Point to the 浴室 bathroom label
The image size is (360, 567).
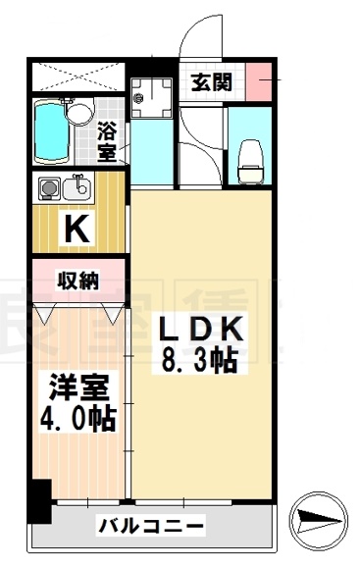coord(109,140)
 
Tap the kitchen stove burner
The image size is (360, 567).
coord(47,186)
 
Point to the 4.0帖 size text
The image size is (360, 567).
coord(78,420)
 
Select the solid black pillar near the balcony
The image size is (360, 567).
coord(39,500)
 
